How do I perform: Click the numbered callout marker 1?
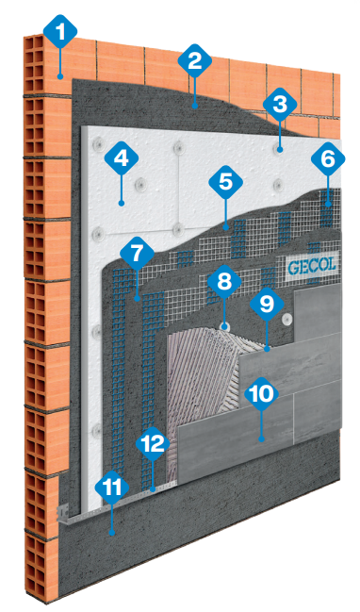click(x=60, y=32)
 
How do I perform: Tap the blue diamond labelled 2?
click(x=195, y=61)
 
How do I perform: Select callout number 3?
click(x=280, y=105)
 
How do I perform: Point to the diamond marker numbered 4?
click(x=122, y=158)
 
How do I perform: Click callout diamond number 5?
click(x=225, y=181)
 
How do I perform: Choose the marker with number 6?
click(x=328, y=158)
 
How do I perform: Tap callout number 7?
click(x=137, y=254)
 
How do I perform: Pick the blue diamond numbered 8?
click(x=224, y=281)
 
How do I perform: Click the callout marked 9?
click(x=267, y=304)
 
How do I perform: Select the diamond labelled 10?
click(x=261, y=393)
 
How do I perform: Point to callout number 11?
click(x=112, y=489)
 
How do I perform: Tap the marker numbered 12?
click(x=153, y=444)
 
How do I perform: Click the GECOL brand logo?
click(x=311, y=267)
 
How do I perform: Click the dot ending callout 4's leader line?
click(x=122, y=203)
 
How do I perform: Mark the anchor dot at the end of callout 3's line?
click(x=280, y=150)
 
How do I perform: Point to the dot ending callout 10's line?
click(x=261, y=438)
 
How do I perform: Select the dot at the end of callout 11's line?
click(x=112, y=532)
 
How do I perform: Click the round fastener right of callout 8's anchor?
click(x=288, y=319)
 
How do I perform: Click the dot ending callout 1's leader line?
click(x=60, y=76)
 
